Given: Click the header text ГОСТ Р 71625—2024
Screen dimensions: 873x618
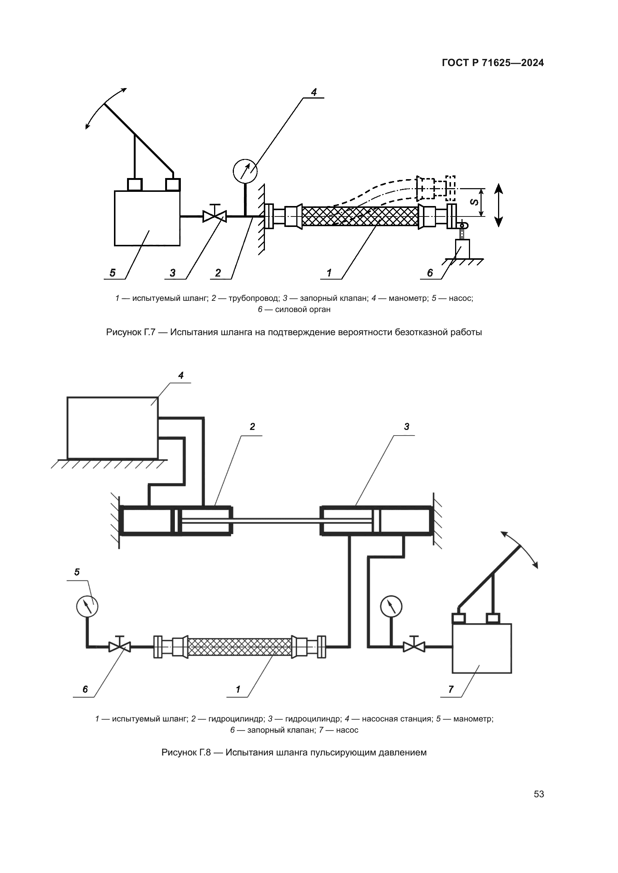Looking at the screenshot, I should pyautogui.click(x=493, y=63).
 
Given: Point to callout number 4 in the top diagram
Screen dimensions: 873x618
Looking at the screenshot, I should pyautogui.click(x=313, y=93).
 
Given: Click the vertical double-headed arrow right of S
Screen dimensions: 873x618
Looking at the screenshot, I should pyautogui.click(x=499, y=205).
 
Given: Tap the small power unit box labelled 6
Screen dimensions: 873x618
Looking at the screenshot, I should pyautogui.click(x=462, y=249).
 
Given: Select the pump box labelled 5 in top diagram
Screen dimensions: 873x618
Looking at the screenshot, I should pyautogui.click(x=147, y=218).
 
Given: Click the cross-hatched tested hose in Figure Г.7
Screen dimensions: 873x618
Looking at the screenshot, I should pyautogui.click(x=359, y=216).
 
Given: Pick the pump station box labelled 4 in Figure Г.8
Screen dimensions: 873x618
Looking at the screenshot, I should pyautogui.click(x=112, y=428).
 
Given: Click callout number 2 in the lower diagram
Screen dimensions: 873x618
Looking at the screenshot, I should pyautogui.click(x=252, y=427).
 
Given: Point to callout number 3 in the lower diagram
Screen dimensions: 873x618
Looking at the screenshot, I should pyautogui.click(x=407, y=427).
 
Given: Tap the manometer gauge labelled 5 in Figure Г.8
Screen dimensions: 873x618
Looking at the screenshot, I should pyautogui.click(x=87, y=606).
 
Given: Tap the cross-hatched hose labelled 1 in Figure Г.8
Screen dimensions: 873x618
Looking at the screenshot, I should pyautogui.click(x=240, y=646).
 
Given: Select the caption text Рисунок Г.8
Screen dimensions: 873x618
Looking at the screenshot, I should pyautogui.click(x=186, y=752).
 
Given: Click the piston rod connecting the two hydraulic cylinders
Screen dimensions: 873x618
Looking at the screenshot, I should pyautogui.click(x=276, y=521).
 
